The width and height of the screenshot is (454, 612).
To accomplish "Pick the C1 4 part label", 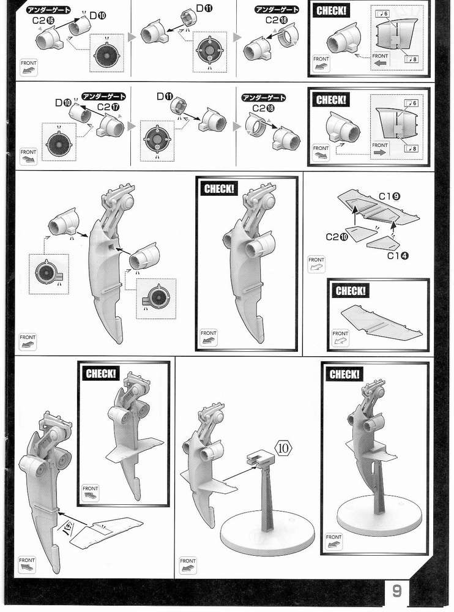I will coord(398,255).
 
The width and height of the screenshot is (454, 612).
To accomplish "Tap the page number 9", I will coord(397,591).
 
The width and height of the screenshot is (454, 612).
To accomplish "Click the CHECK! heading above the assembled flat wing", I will coord(351,291).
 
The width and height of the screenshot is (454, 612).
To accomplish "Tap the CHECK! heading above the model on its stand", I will coord(344,374).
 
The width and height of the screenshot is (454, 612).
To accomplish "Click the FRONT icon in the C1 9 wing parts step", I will coord(316,264).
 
